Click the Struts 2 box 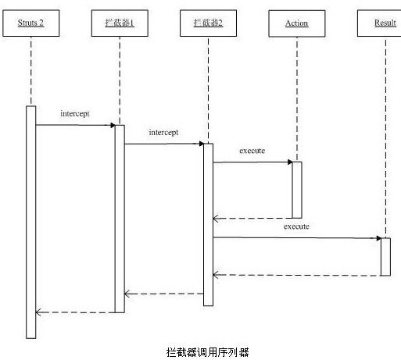pos(30,23)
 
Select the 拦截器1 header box pos(120,23)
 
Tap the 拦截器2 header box pos(208,23)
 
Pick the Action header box pos(296,23)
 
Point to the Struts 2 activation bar pos(31,222)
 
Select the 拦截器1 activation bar pos(120,218)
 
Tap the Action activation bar pos(297,190)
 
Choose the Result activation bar pos(385,256)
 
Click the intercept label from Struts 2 pos(75,113)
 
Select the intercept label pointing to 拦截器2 pos(163,133)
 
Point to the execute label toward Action pos(253,150)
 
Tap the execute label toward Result pos(296,226)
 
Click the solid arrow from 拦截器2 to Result pos(296,237)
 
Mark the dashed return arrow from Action pos(253,218)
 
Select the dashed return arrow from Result pos(296,275)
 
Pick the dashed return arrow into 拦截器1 pos(164,294)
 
